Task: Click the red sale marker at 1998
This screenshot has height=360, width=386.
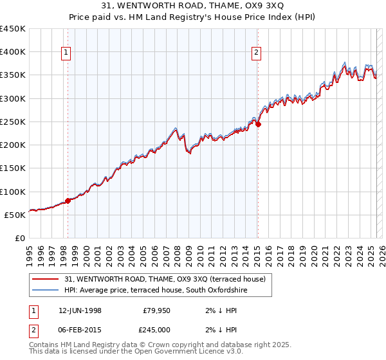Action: (x=68, y=201)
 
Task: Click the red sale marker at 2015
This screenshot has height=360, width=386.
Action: (x=258, y=125)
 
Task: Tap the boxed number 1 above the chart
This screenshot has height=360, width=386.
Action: (x=68, y=53)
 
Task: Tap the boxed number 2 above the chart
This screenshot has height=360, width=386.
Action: (x=256, y=53)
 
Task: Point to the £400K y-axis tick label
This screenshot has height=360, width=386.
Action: (x=12, y=52)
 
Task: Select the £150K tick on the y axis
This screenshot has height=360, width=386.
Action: (x=12, y=168)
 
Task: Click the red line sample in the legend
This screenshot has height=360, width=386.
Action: (x=45, y=279)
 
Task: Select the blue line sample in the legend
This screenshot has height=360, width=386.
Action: (x=45, y=291)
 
